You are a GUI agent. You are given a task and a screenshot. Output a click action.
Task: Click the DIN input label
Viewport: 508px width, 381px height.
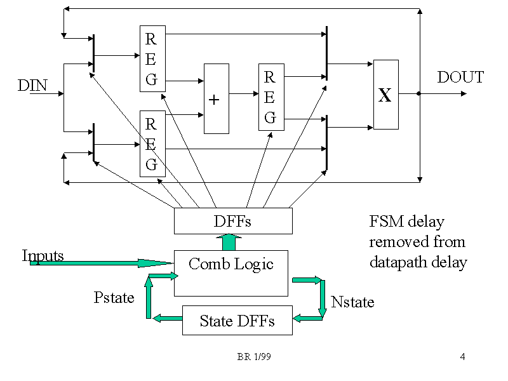pos(32,85)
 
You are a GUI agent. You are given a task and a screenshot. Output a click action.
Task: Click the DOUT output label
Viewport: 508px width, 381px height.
pos(460,77)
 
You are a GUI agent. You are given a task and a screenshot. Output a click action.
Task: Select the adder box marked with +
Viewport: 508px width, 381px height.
pos(216,98)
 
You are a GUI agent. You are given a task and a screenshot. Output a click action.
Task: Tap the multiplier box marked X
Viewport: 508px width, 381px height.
pos(386,95)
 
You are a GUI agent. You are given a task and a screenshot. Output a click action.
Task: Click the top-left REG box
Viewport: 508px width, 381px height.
pos(152,59)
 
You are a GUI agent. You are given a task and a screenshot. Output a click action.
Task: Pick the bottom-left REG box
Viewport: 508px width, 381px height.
pos(152,144)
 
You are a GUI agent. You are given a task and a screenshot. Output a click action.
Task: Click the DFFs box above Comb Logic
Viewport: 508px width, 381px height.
pos(233,221)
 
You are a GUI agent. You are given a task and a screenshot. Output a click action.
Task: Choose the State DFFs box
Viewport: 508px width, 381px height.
pos(237,320)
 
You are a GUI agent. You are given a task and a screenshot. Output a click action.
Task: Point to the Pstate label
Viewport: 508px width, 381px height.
pos(114,297)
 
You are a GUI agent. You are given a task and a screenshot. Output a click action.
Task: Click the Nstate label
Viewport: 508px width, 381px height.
pos(352,302)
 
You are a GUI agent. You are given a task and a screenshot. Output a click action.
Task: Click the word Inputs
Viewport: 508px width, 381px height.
pos(43,255)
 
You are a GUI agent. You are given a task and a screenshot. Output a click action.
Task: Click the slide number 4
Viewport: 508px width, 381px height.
pos(462,357)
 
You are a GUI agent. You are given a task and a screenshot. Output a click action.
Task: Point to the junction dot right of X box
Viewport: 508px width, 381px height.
pos(419,94)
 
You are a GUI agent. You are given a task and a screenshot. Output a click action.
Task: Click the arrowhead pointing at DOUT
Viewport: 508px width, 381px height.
pos(464,94)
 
